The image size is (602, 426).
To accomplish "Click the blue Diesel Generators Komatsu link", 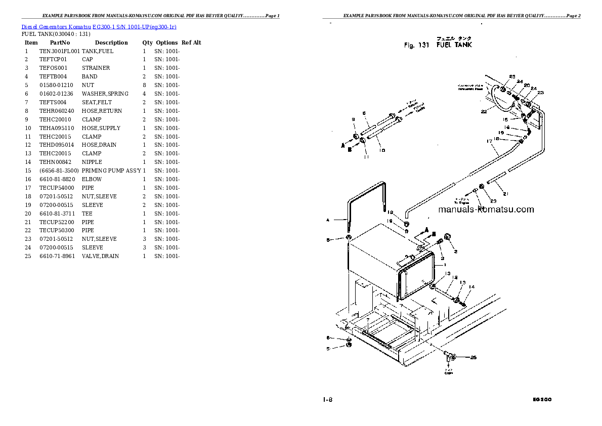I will [x=99, y=26].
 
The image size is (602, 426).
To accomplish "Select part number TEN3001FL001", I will [x=59, y=51].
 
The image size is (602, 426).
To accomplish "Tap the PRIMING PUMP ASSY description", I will [x=111, y=171].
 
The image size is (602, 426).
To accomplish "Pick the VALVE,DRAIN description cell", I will [x=100, y=256].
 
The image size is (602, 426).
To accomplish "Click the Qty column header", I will [x=147, y=42].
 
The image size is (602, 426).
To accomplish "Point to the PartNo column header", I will [x=59, y=42].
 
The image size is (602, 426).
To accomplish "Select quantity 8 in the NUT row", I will [x=144, y=85].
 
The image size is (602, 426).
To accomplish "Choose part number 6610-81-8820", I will [x=57, y=179].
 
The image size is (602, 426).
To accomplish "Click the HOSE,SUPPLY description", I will [x=101, y=128].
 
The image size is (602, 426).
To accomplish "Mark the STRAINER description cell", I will [x=96, y=68].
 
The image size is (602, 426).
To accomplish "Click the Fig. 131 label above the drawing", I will [x=416, y=46].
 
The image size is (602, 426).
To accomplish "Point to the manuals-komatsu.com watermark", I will [x=486, y=209].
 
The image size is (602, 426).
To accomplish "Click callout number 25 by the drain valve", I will [x=474, y=358].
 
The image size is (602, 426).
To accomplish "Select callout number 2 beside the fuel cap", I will [x=455, y=251].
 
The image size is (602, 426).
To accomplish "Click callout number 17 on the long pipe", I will [x=489, y=142].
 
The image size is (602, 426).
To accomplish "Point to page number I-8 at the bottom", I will [x=327, y=399].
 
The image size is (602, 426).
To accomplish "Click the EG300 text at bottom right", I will [x=542, y=399].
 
